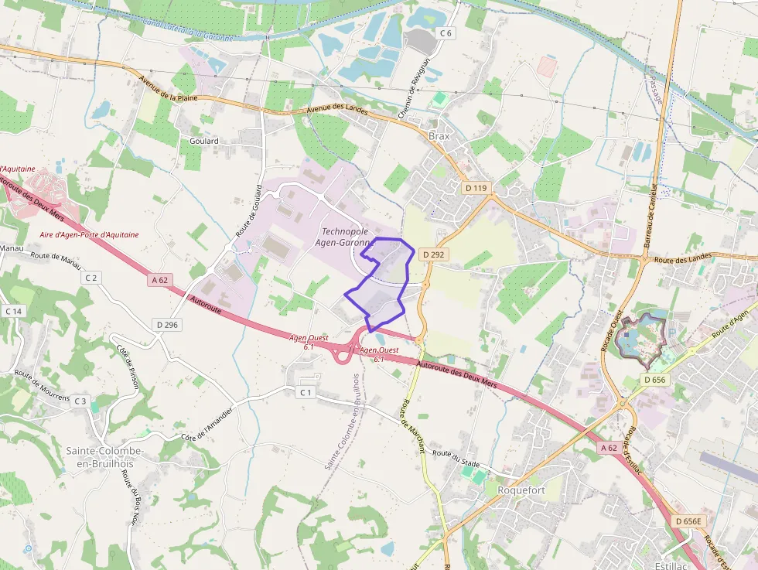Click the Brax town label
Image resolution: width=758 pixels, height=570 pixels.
click(x=439, y=136)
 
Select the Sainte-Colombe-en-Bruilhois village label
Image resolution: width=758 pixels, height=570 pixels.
click(x=104, y=457)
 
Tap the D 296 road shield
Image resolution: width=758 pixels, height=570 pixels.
click(x=166, y=325)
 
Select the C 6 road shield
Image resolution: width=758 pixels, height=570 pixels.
click(x=445, y=32)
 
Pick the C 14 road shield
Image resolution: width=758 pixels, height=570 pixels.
click(x=14, y=311)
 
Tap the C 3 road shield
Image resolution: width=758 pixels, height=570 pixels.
click(x=80, y=401)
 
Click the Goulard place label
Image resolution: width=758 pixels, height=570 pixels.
click(x=204, y=142)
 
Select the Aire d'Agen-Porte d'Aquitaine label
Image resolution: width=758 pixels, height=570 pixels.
click(x=89, y=234)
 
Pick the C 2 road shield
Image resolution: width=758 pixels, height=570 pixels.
click(x=92, y=278)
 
